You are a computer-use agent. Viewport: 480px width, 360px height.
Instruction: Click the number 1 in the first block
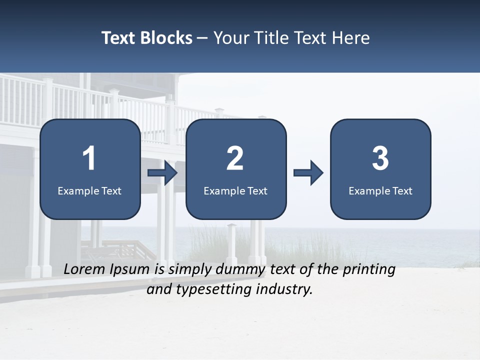coord(89,158)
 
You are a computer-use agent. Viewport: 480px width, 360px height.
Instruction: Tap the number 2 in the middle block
coord(235,158)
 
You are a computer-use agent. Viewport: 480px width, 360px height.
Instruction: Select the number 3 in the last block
coord(380,158)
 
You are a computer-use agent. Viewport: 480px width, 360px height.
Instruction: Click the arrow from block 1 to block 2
coord(163,173)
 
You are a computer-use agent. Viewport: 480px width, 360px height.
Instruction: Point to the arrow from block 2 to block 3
coord(308,173)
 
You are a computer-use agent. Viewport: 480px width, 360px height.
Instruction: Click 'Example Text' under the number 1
coord(89,190)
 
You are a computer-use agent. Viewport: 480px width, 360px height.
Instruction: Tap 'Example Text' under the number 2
coord(235,190)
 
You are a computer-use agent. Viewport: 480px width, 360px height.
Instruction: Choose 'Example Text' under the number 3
coord(380,190)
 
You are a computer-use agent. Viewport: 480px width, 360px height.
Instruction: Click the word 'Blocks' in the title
coord(166,38)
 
